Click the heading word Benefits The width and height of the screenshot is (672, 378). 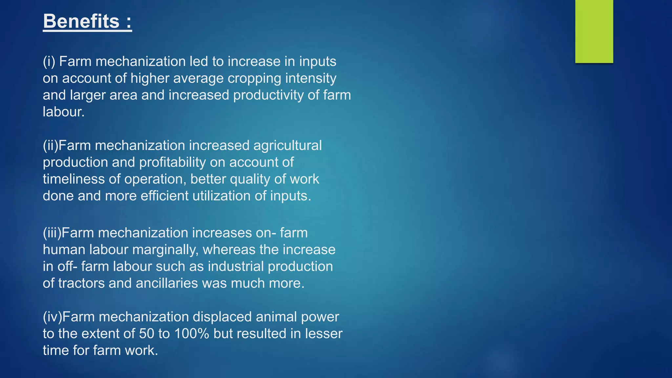click(81, 21)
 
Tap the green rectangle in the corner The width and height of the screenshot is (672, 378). click(594, 31)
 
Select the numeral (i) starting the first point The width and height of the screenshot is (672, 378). click(49, 62)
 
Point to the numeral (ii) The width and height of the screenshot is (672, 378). click(50, 146)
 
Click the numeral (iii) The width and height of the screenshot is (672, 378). click(52, 233)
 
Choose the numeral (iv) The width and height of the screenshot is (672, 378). click(52, 317)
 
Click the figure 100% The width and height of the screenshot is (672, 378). click(192, 334)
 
